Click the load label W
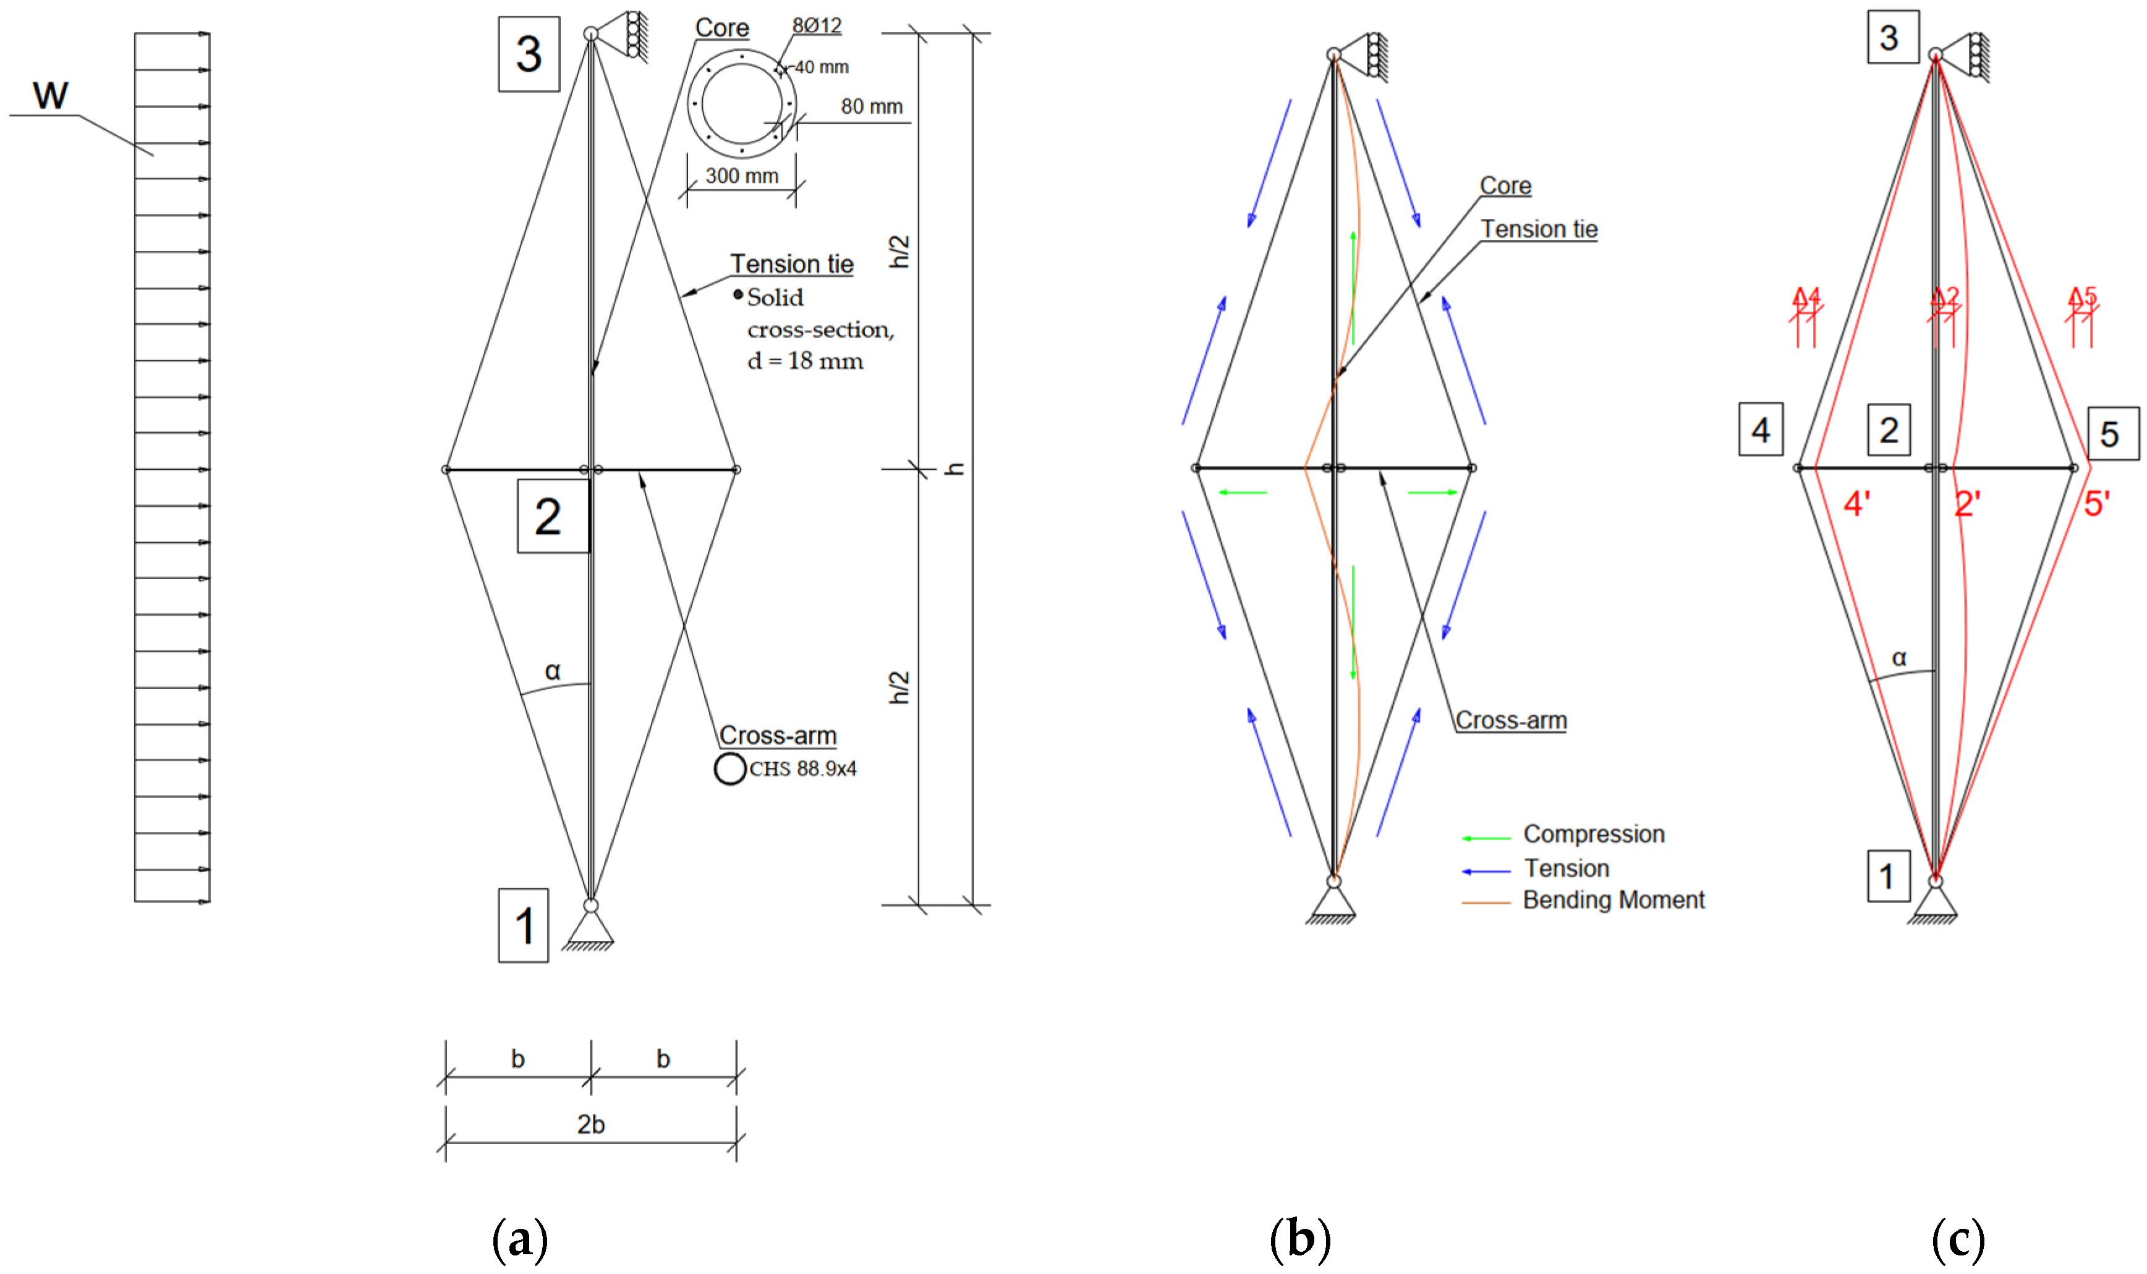(x=50, y=95)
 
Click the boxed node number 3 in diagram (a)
(x=529, y=54)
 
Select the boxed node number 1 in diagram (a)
(x=524, y=925)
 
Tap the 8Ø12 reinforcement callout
(x=817, y=26)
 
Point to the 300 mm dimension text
(x=742, y=176)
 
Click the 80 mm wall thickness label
(x=871, y=106)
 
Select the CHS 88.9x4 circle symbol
(x=729, y=768)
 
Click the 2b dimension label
(x=590, y=1124)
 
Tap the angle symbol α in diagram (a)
(x=553, y=671)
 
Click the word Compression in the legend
(x=1593, y=834)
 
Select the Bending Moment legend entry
(x=1613, y=899)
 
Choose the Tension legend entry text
(x=1567, y=868)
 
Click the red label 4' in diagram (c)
(x=1857, y=504)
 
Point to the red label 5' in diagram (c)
(x=2096, y=504)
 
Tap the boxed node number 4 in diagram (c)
(x=1761, y=429)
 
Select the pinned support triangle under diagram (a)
(x=590, y=929)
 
